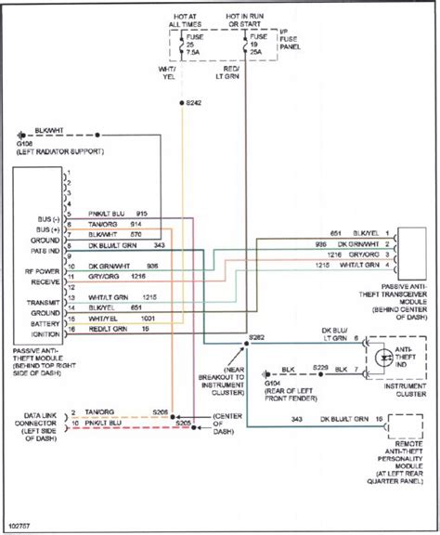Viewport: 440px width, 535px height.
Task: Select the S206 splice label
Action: (x=187, y=411)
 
